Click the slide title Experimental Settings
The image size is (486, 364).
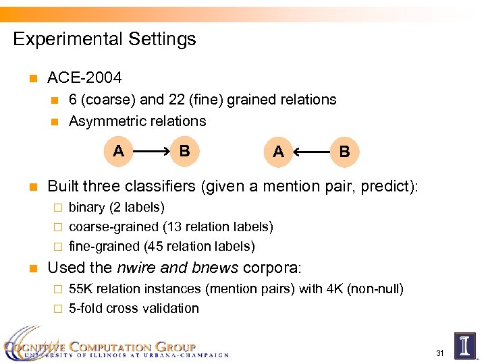[x=105, y=39]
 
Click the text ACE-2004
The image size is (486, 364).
[x=84, y=78]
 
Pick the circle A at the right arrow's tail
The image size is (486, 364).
[x=119, y=150]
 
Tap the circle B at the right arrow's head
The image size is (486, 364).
[x=184, y=150]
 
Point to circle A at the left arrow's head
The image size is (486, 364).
[x=278, y=152]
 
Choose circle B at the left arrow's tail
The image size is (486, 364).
[x=344, y=152]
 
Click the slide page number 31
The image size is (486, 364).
[x=439, y=353]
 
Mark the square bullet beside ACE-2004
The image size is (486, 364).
[x=31, y=79]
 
